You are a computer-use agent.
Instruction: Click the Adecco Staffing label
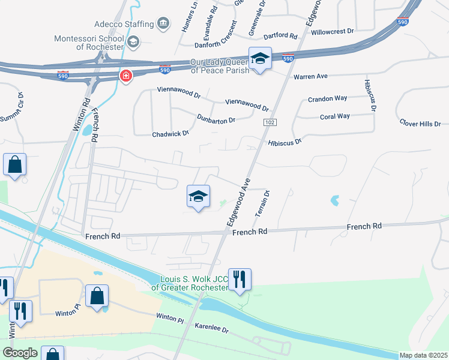(124, 25)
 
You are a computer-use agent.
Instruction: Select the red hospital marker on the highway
(125, 76)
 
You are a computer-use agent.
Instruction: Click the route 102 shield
(268, 122)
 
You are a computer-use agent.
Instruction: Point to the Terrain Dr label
(262, 203)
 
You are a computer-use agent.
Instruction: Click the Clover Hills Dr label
(420, 124)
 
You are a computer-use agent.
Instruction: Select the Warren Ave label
(310, 77)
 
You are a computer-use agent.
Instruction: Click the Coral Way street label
(334, 116)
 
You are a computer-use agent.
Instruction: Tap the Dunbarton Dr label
(216, 120)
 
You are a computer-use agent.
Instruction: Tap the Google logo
(20, 353)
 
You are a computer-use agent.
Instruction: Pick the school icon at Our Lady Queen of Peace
(260, 59)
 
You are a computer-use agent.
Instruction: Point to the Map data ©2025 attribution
(423, 355)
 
